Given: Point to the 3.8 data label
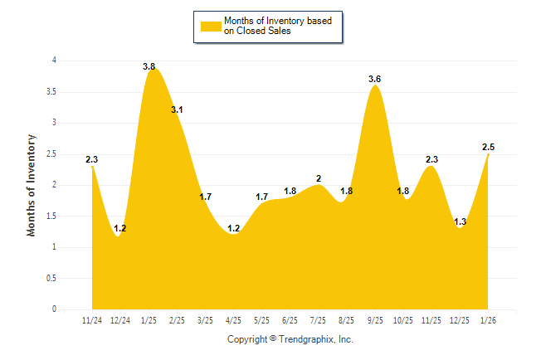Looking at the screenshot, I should click(149, 66).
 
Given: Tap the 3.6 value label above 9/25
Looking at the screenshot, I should click(375, 79).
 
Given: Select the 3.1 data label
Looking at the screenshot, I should click(178, 109).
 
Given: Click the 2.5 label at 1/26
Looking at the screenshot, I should click(489, 147).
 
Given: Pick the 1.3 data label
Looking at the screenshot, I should click(460, 221).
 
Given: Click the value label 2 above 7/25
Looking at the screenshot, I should click(319, 178).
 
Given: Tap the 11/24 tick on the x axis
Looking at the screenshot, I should click(93, 320).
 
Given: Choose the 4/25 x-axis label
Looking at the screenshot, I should click(234, 320).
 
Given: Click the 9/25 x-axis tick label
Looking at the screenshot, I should click(375, 320).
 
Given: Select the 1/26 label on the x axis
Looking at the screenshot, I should click(489, 320).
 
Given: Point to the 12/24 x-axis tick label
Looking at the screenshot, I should click(121, 320).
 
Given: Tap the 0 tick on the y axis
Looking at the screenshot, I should click(54, 309).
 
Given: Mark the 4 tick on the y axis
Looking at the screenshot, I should click(54, 61).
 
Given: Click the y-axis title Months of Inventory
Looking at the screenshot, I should click(32, 185).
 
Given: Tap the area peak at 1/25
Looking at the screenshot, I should click(152, 74).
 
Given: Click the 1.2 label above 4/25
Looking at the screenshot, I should click(234, 228).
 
